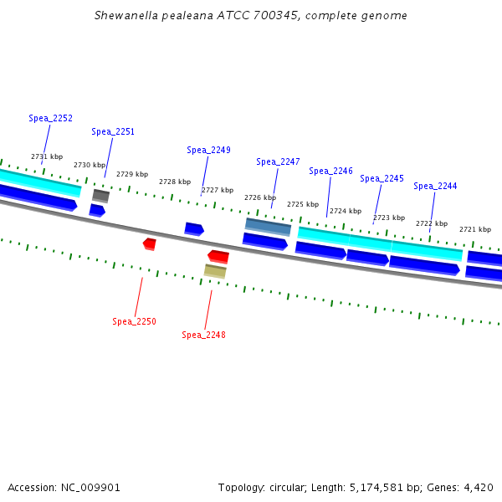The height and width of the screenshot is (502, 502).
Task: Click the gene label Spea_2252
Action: coord(50,119)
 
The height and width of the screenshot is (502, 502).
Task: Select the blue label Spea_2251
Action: coord(113,132)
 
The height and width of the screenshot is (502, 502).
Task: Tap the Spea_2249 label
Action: coord(208,151)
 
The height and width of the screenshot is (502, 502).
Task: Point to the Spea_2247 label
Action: coord(278,162)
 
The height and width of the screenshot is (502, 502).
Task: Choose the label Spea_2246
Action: coord(330,172)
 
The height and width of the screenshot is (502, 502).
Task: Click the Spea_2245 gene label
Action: coord(382,179)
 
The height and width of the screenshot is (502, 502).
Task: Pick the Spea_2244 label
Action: coord(435,187)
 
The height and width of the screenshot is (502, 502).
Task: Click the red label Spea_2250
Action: coord(134,322)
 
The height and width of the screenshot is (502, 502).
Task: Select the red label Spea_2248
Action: coord(203,336)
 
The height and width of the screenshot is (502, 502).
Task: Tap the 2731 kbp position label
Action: coord(47,157)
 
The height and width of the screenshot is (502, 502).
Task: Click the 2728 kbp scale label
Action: coord(175,182)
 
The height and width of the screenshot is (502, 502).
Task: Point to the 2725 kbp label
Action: coord(303,205)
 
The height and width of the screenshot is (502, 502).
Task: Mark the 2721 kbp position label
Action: coord(475,229)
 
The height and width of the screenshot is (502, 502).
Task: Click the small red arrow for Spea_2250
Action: coord(149,243)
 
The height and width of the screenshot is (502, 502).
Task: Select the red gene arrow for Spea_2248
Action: coord(218,256)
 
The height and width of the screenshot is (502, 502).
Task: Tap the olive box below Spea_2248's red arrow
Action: coord(215,271)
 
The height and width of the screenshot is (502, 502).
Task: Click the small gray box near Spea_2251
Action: coord(100,196)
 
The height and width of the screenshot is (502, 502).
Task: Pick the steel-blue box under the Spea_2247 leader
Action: coord(268,227)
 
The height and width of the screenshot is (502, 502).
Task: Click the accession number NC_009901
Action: coord(97,488)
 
